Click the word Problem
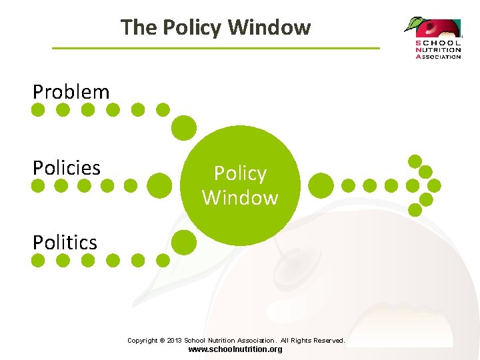tap(71, 91)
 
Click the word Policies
tap(67, 167)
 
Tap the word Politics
tap(65, 242)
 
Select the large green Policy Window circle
tap(240, 185)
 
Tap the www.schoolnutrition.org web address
tap(235, 349)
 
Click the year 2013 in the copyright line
tap(173, 340)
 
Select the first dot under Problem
tap(39, 109)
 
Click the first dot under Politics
tap(39, 260)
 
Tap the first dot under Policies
tap(39, 185)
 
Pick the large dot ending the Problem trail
tap(184, 128)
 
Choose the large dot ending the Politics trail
tap(184, 242)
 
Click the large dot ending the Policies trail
tap(159, 185)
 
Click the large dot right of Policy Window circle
tap(321, 185)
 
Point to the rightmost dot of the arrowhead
tap(434, 185)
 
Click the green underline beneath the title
tap(215, 48)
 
